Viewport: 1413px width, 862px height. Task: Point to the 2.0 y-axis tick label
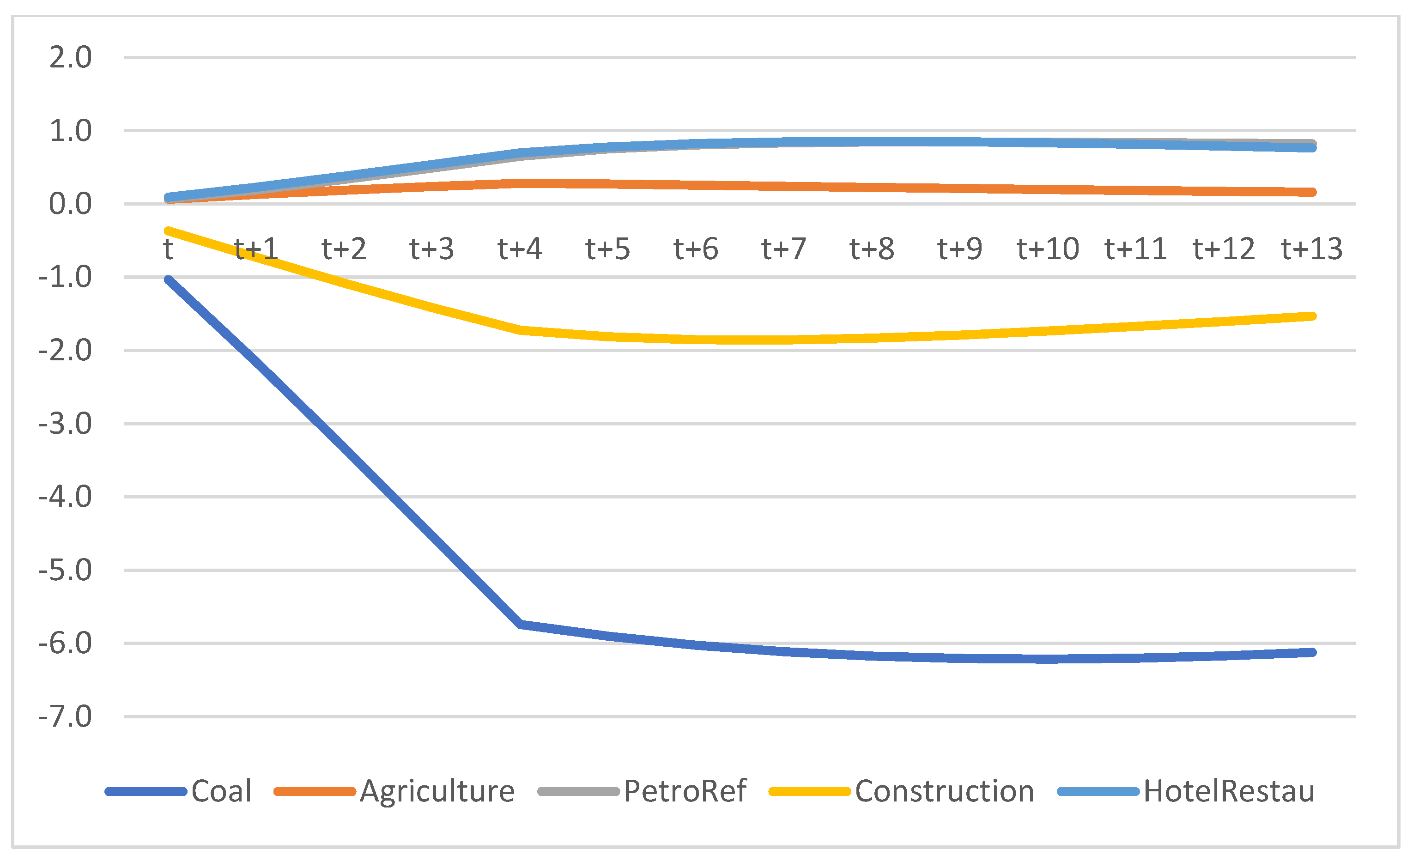pyautogui.click(x=70, y=57)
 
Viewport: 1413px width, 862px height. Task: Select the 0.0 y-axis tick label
pyautogui.click(x=70, y=204)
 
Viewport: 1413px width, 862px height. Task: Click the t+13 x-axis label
pyautogui.click(x=1312, y=249)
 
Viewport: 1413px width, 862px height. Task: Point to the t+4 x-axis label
pyautogui.click(x=520, y=249)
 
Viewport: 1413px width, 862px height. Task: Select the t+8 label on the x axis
pyautogui.click(x=872, y=249)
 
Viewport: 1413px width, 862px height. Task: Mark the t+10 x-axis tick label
pyautogui.click(x=1048, y=249)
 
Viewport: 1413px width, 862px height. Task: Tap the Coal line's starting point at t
pyautogui.click(x=169, y=280)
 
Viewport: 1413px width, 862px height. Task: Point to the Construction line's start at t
pyautogui.click(x=169, y=231)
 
